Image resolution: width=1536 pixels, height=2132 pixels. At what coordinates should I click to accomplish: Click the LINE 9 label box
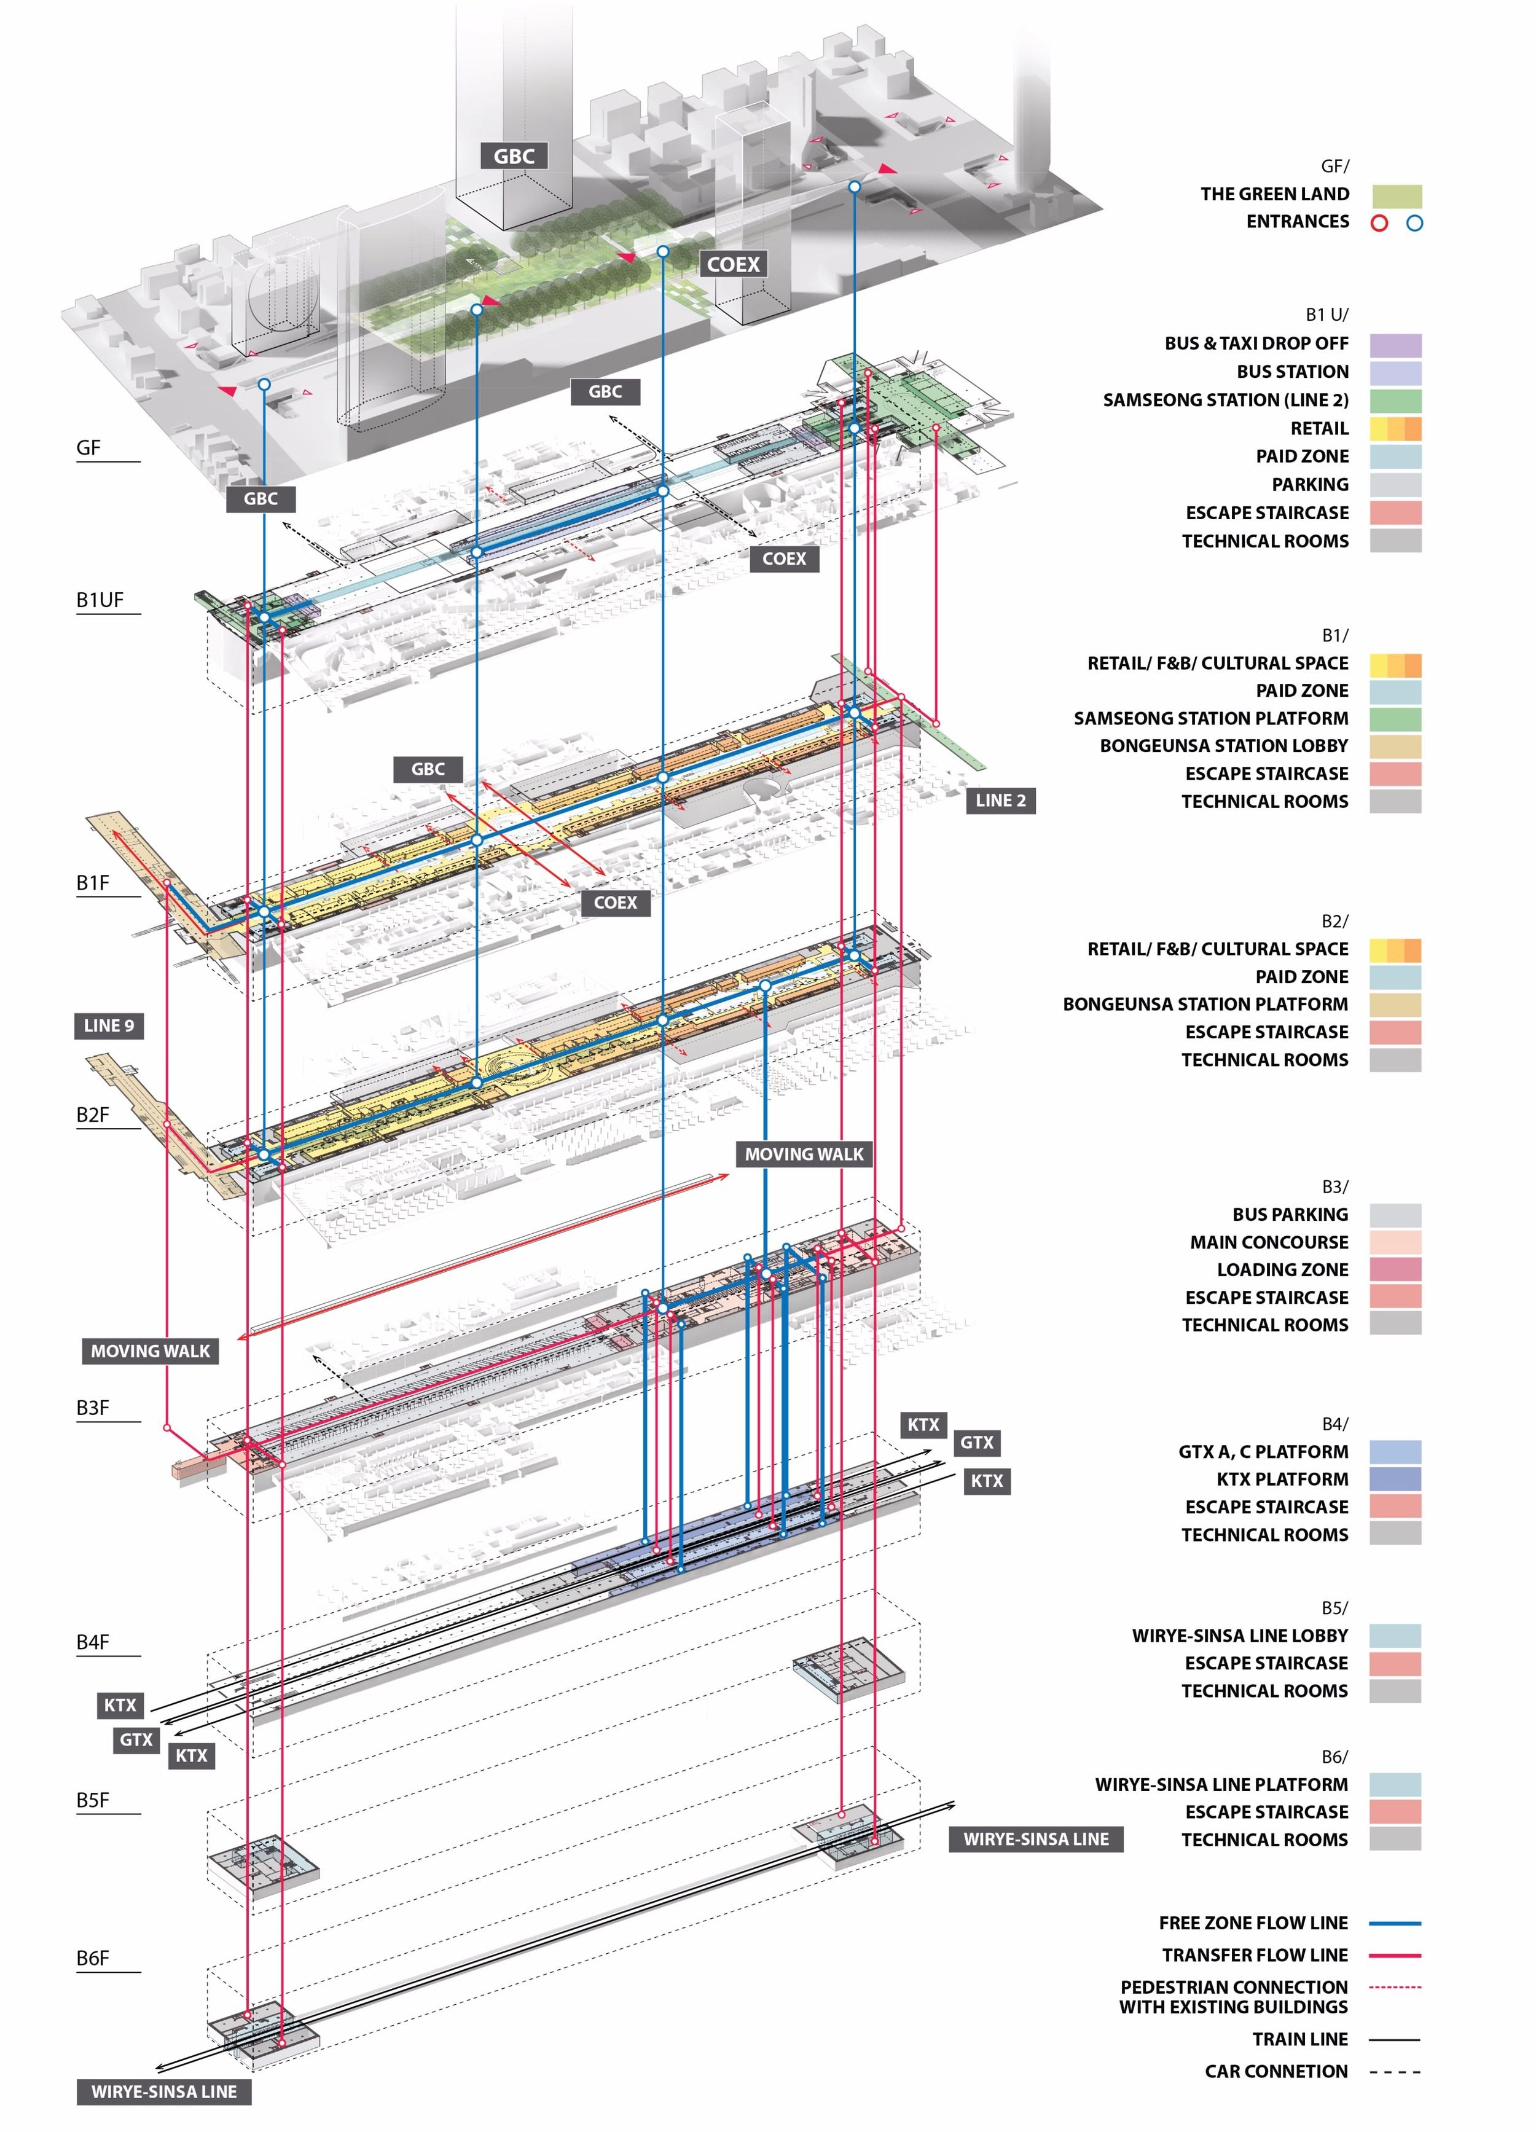pos(109,1025)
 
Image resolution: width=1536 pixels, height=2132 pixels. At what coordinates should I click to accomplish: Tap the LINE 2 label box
pos(1000,801)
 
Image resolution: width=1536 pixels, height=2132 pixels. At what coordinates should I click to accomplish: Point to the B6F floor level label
pos(93,1958)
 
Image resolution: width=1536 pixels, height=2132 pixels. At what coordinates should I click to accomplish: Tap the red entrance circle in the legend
pos(1379,223)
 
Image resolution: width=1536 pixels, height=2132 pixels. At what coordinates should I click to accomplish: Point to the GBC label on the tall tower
pos(514,156)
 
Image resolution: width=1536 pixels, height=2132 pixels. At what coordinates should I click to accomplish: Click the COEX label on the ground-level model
pos(733,264)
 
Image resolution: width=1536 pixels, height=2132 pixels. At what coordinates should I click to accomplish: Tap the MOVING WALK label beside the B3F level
pos(151,1351)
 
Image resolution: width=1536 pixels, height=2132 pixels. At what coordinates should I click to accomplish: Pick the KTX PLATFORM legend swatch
pos(1395,1479)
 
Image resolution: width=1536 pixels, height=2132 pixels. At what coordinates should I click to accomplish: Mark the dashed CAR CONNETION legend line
pos(1395,2071)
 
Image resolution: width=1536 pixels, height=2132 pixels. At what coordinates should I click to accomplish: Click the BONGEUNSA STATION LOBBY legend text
pos(1224,745)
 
